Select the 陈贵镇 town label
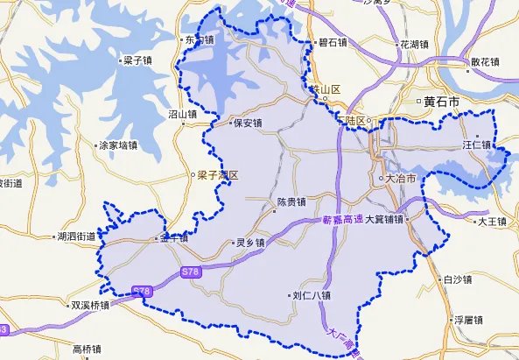pos(291,201)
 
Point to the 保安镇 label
pos(246,124)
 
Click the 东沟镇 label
pos(197,40)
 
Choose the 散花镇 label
pos(484,62)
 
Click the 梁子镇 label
pos(138,61)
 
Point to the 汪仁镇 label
pos(477,143)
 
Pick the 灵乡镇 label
pos(251,243)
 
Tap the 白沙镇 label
pos(456,280)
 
